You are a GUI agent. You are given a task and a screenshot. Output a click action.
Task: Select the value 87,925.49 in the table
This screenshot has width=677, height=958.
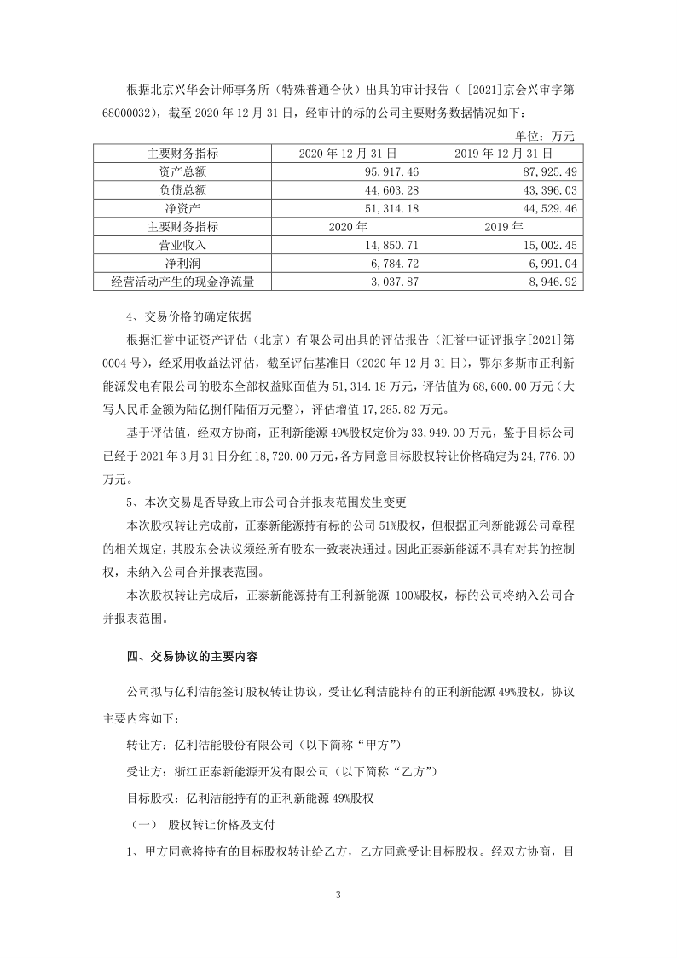pos(546,171)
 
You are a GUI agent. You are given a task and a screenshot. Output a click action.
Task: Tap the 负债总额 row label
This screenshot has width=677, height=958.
pos(182,189)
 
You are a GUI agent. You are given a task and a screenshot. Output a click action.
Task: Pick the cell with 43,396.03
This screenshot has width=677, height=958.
pos(546,189)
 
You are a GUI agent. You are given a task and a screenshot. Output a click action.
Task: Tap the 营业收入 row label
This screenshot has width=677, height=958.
pos(182,245)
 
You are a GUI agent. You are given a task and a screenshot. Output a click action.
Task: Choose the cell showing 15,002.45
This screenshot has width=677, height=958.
pos(546,245)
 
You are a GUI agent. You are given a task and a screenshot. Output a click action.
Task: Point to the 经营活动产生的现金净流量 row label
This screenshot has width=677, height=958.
pos(182,281)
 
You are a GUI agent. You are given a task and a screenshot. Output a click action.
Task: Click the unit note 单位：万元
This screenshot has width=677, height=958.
pos(546,135)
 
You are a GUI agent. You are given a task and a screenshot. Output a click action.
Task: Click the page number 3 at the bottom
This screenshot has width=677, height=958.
pos(338,895)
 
